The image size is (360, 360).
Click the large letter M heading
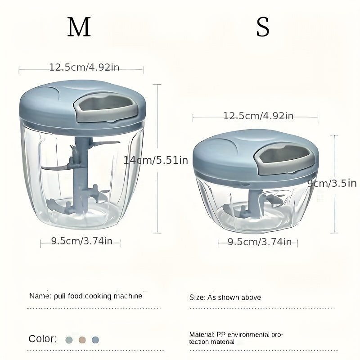tap(79, 28)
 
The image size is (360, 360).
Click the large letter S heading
tap(263, 28)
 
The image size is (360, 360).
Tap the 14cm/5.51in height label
tap(156, 160)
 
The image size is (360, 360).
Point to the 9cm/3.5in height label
tap(332, 183)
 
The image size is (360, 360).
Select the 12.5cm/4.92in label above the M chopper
tap(84, 67)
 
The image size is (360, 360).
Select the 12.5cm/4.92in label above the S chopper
tap(258, 116)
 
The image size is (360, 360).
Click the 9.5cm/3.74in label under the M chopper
tap(81, 241)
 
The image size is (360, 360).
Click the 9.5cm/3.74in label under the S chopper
tap(260, 242)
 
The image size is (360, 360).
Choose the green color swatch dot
tap(68, 340)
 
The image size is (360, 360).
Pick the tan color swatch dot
tap(81, 340)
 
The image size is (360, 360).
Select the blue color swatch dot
tap(94, 340)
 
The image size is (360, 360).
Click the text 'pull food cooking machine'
tap(98, 296)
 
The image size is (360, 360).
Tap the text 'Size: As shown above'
tap(225, 297)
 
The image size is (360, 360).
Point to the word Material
tap(201, 335)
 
